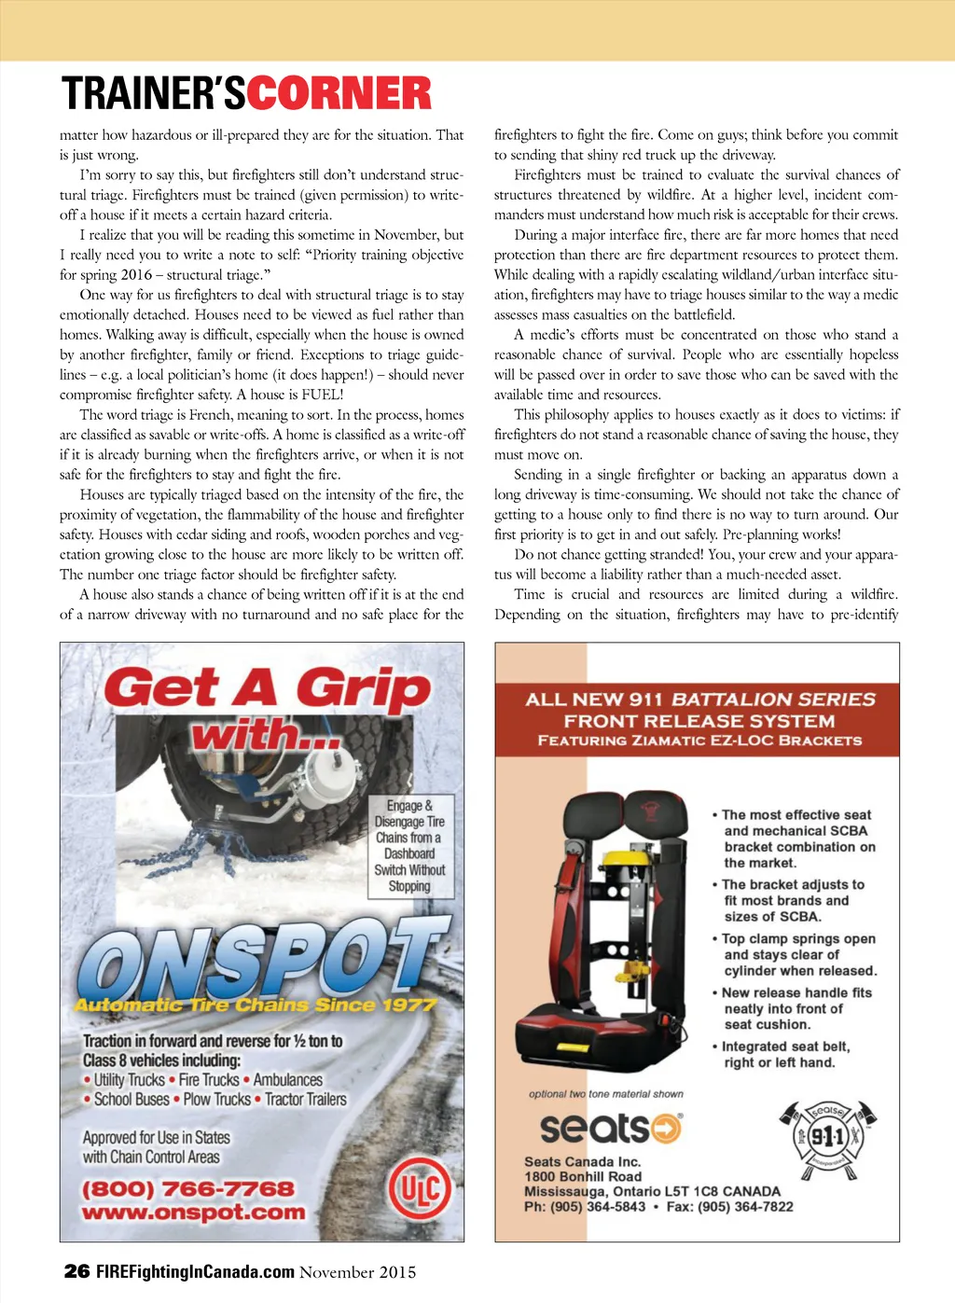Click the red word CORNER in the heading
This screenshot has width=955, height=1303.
click(x=339, y=94)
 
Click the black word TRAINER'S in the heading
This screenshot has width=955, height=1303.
click(x=154, y=94)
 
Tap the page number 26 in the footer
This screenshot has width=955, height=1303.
click(x=76, y=1271)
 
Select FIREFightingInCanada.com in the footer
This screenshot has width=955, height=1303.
click(x=195, y=1271)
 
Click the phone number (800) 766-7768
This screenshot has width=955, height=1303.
click(x=188, y=1189)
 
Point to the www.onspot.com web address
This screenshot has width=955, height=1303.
click(x=194, y=1213)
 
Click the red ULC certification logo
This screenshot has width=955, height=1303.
click(x=419, y=1190)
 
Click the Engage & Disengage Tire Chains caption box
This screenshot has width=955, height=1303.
click(x=409, y=846)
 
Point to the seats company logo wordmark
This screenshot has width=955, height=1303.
click(x=611, y=1128)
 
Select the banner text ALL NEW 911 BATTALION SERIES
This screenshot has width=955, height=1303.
click(x=700, y=700)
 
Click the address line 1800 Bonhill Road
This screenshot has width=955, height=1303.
click(x=583, y=1176)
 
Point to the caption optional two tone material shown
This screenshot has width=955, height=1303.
click(x=606, y=1094)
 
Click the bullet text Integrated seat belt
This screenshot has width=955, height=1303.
click(x=785, y=1047)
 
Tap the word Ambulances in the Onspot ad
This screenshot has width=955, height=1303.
click(x=287, y=1079)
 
